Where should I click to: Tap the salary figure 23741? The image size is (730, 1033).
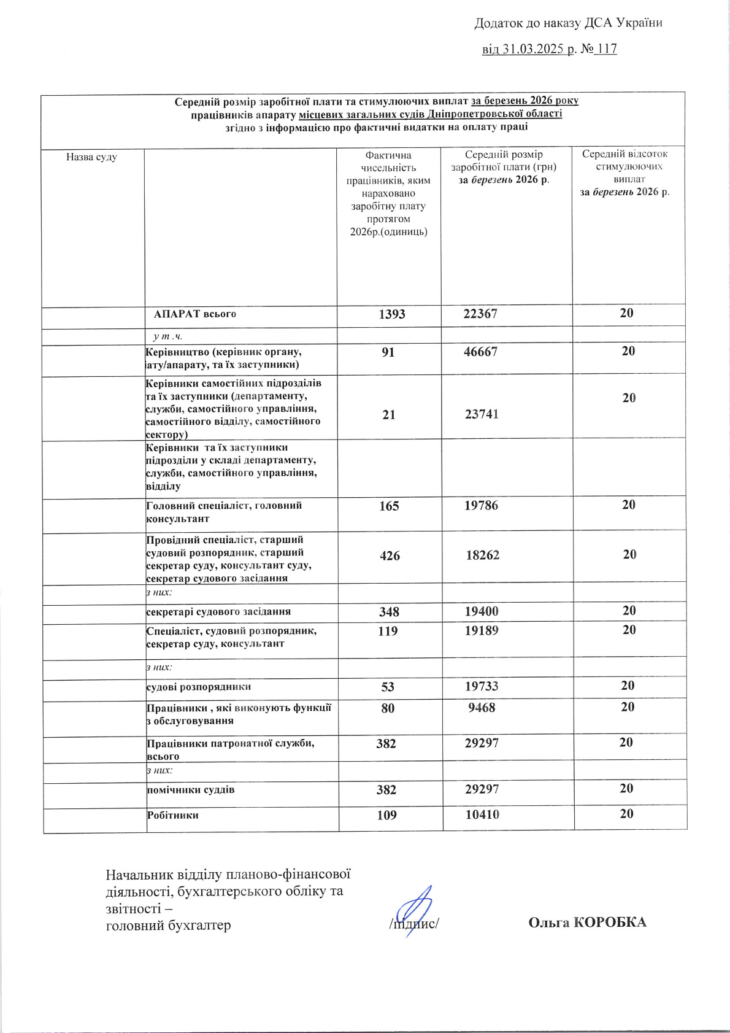point(482,414)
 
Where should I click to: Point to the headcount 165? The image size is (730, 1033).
point(389,506)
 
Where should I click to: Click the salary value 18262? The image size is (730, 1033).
point(482,555)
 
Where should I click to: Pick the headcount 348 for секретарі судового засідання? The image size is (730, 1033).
point(389,612)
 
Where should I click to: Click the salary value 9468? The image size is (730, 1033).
point(482,708)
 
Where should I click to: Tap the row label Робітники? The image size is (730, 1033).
point(173,815)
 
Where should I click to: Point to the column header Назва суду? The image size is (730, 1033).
point(91,157)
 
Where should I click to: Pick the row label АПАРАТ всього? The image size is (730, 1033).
point(195,314)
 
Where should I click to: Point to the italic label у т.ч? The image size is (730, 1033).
point(168,336)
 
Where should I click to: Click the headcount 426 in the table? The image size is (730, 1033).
point(390,556)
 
